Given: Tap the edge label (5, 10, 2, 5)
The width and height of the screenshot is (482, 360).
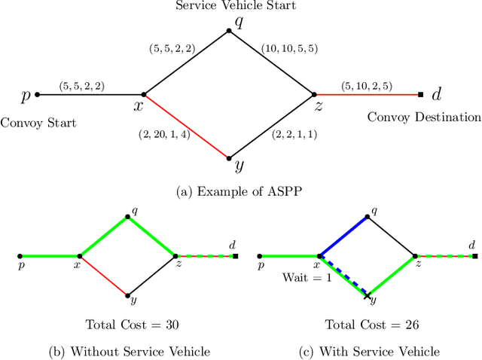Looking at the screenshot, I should [367, 86].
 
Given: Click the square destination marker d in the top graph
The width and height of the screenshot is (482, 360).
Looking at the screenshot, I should [420, 95].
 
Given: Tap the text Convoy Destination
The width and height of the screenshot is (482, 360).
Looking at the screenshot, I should [424, 117].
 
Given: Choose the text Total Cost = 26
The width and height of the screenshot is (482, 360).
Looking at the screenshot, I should [364, 325].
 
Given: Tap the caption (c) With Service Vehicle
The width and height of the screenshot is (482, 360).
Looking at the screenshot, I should [364, 351].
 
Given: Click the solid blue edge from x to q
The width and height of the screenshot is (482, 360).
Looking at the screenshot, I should [343, 236].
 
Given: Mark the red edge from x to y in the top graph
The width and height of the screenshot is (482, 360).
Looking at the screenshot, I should [186, 127].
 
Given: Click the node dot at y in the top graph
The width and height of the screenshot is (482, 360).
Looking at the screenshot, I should [230, 158].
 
